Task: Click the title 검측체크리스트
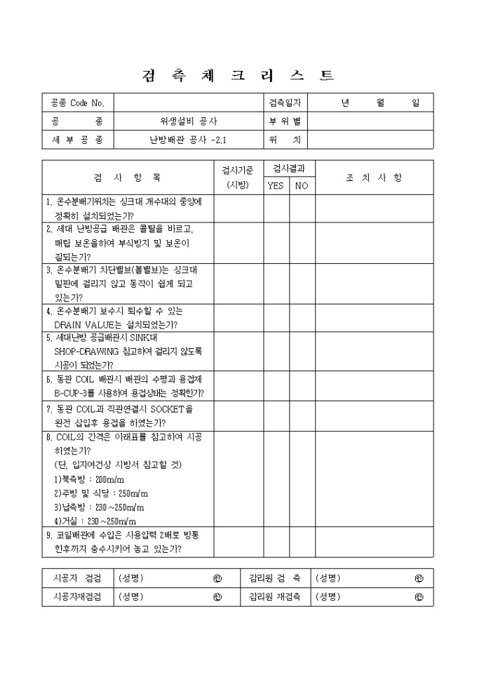(238, 75)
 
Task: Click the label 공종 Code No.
(77, 102)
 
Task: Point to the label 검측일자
(285, 102)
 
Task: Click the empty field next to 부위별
(370, 121)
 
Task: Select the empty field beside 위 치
(370, 140)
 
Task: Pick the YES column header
(276, 186)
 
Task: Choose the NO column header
(300, 186)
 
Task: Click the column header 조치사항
(373, 178)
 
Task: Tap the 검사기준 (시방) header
(238, 178)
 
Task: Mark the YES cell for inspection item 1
(276, 208)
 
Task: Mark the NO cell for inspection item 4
(300, 318)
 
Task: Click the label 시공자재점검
(77, 597)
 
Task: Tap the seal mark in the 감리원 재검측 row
(419, 598)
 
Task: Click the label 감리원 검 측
(275, 579)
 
